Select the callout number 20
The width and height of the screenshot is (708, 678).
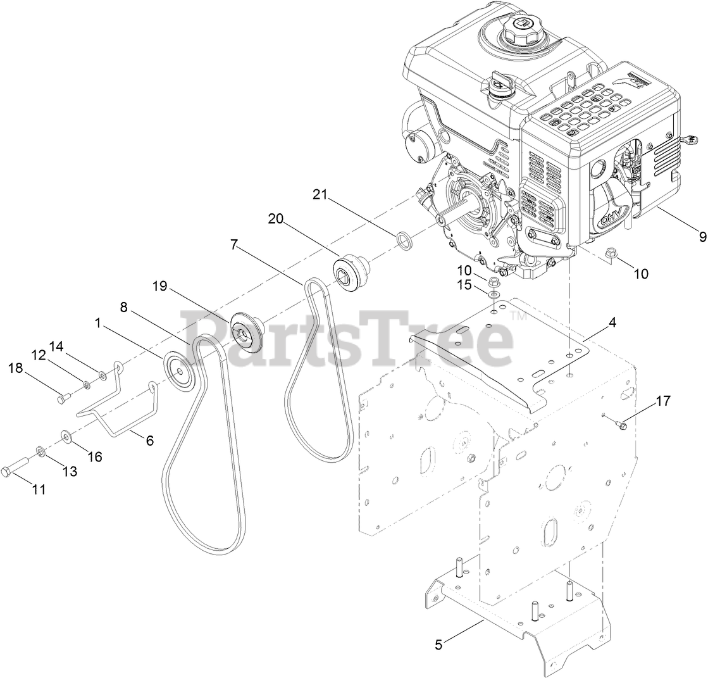[276, 219]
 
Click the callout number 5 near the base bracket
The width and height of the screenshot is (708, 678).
[439, 645]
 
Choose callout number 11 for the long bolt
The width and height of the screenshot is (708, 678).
[39, 489]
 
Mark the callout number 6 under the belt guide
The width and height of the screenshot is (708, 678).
[150, 441]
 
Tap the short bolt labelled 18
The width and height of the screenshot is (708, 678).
[61, 399]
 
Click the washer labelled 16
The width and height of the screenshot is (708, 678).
[66, 436]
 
